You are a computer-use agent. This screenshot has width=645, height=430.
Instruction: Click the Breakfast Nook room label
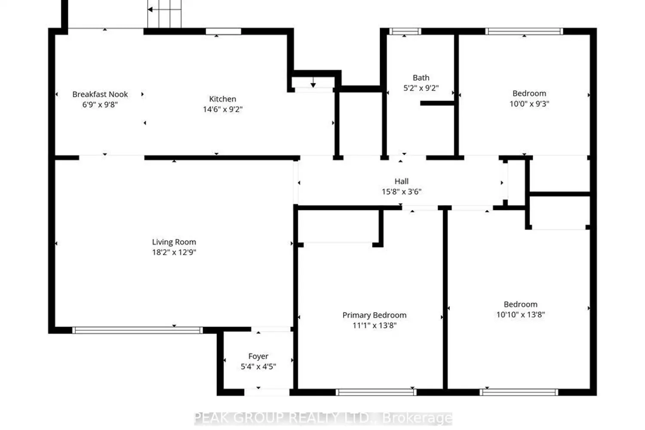click(100, 95)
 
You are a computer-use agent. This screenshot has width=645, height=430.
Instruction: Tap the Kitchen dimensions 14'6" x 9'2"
click(223, 110)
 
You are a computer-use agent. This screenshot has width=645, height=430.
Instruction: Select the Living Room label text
click(174, 242)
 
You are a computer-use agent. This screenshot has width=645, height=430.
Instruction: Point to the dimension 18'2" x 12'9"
click(174, 252)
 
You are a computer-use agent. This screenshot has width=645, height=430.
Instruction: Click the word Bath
click(421, 78)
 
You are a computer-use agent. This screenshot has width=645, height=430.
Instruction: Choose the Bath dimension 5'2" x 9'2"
click(421, 88)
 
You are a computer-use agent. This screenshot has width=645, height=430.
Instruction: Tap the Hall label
click(401, 181)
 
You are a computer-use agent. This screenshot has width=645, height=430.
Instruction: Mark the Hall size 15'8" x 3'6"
click(401, 191)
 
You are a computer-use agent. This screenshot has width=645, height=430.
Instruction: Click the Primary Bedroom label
click(375, 315)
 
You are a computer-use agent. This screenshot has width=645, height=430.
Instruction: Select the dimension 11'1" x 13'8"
click(375, 326)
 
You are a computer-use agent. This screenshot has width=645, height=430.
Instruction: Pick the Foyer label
click(258, 356)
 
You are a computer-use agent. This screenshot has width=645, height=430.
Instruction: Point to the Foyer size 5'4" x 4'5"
click(258, 367)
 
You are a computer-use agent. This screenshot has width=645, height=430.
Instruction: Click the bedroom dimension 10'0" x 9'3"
click(529, 104)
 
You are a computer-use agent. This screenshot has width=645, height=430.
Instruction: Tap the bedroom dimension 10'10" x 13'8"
click(521, 314)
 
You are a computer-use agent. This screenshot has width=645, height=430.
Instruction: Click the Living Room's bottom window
click(137, 330)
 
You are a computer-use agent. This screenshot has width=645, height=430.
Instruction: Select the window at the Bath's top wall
click(405, 31)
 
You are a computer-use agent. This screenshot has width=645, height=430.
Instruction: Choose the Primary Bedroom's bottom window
click(376, 392)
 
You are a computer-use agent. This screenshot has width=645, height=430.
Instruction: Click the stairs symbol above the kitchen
click(164, 14)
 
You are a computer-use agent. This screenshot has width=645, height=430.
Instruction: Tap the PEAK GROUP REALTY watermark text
click(323, 418)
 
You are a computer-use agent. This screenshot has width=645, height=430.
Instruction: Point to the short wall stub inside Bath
click(437, 103)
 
